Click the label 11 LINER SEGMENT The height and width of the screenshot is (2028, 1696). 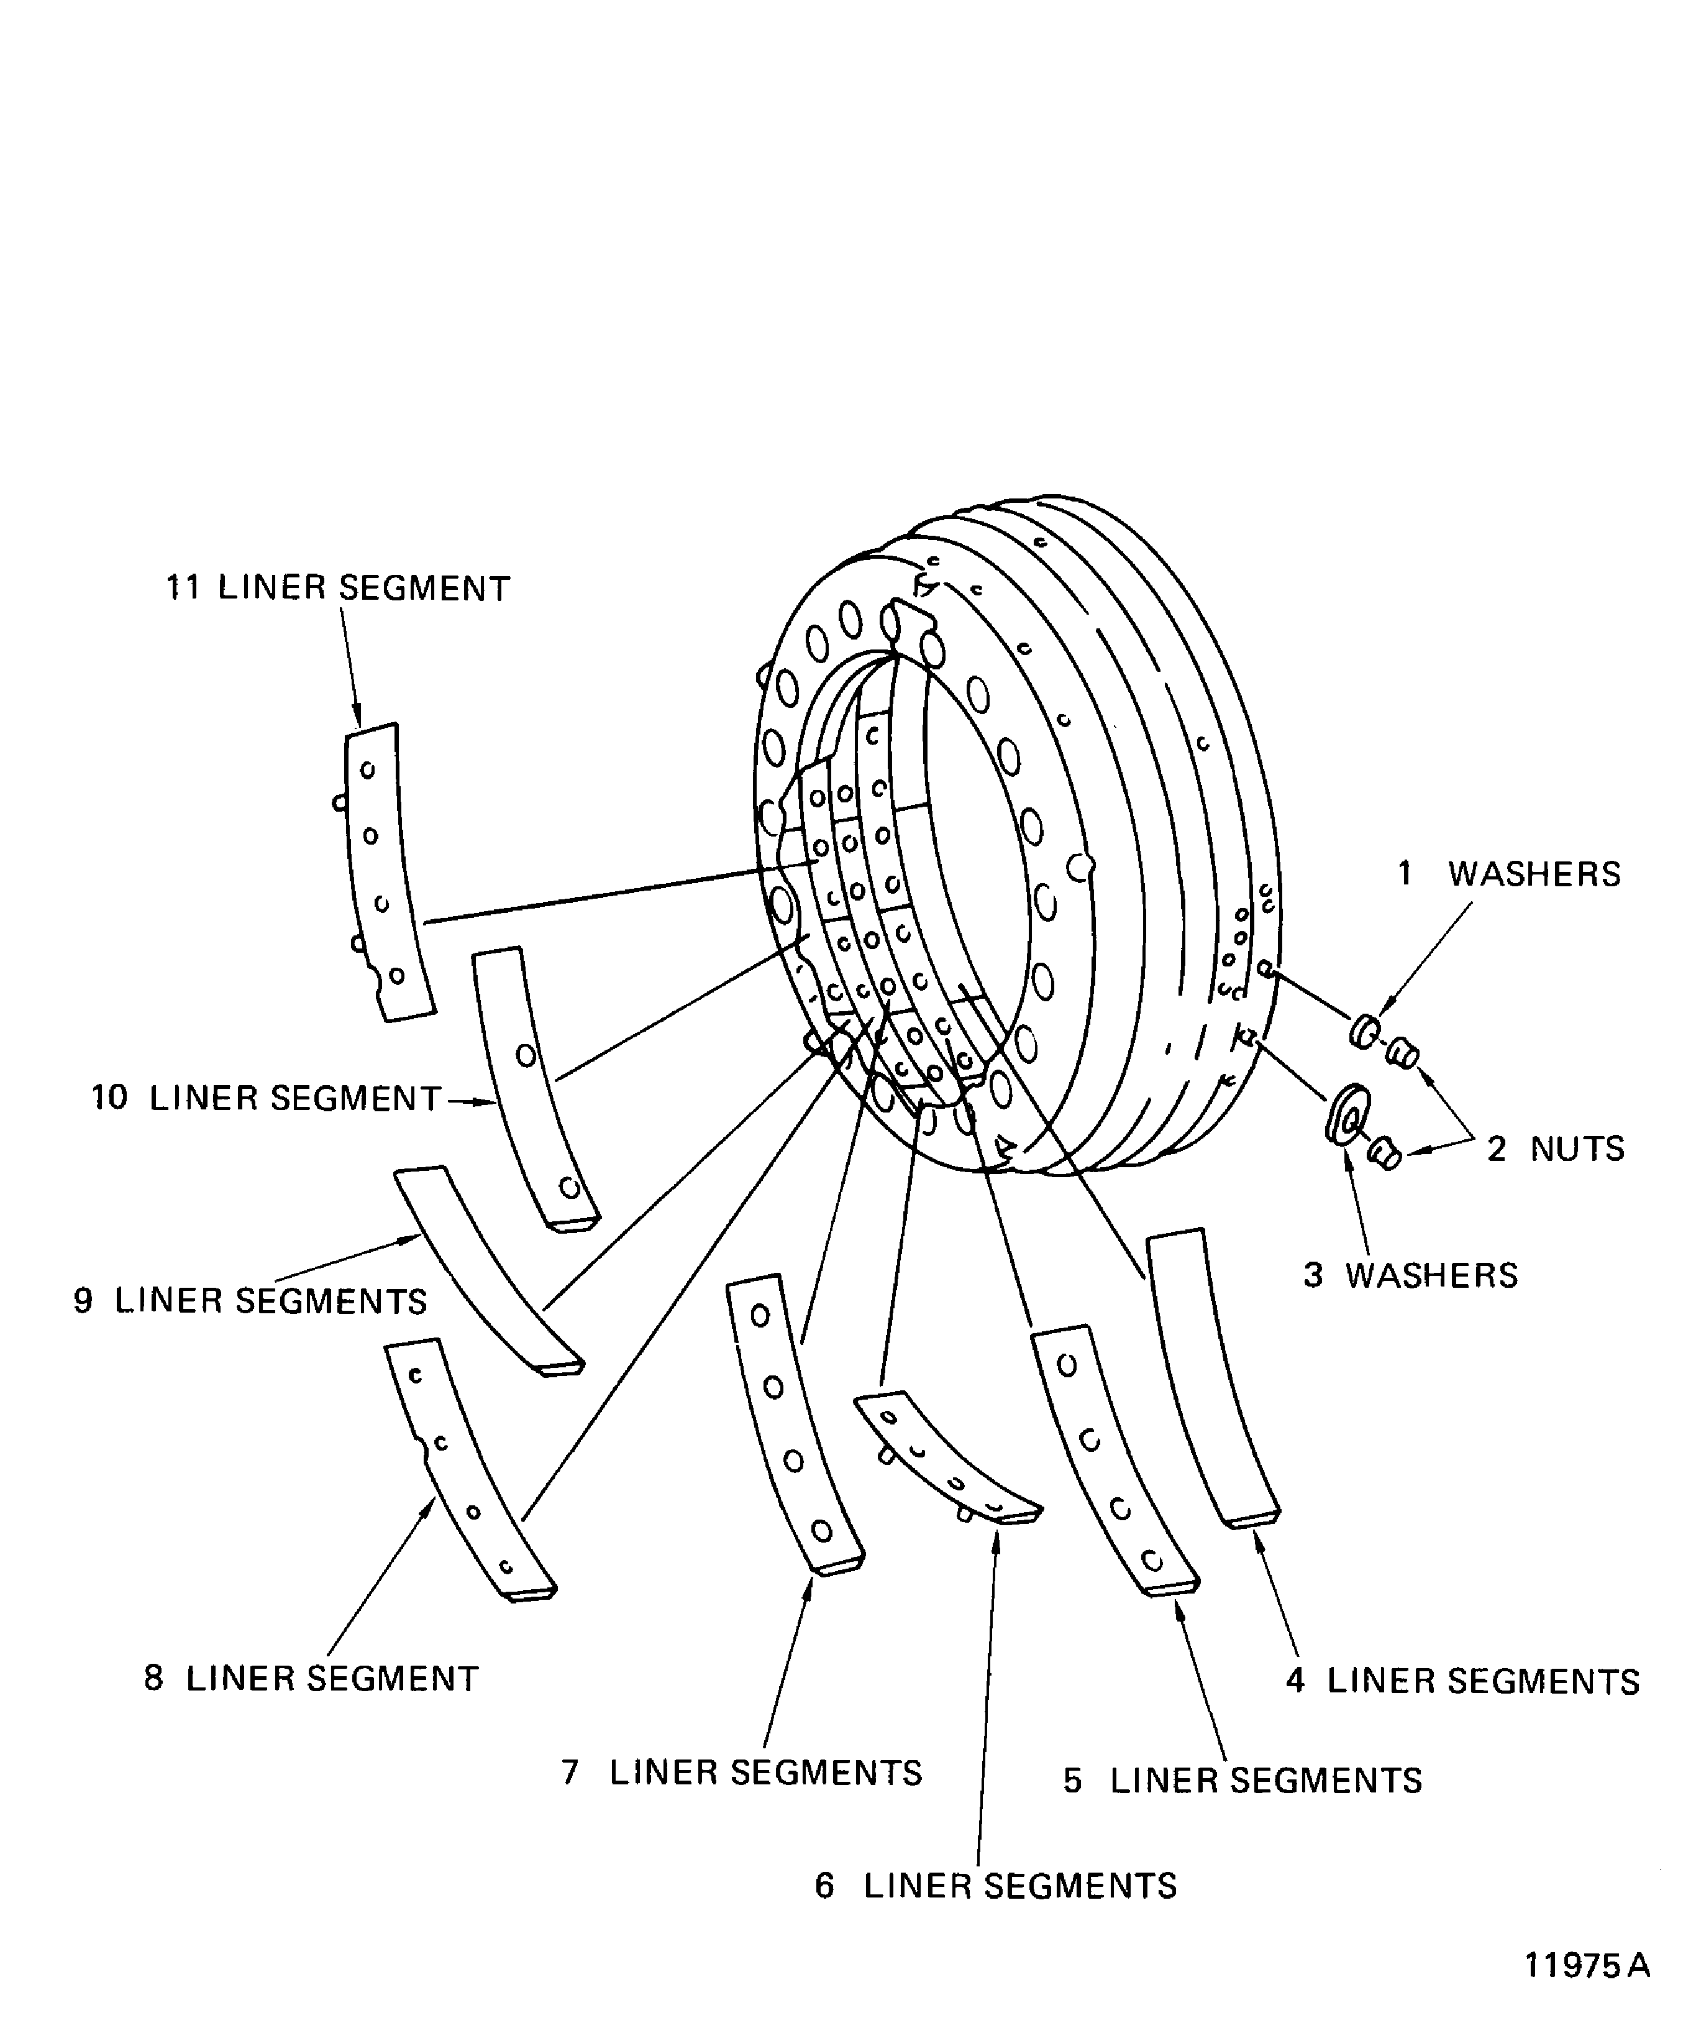(338, 588)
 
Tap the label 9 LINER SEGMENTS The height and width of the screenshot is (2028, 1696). (250, 1301)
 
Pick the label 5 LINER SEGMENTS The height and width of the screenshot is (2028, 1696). (1242, 1781)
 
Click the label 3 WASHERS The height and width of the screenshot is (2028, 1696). (1410, 1276)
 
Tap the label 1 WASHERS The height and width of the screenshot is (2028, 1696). (1510, 874)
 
